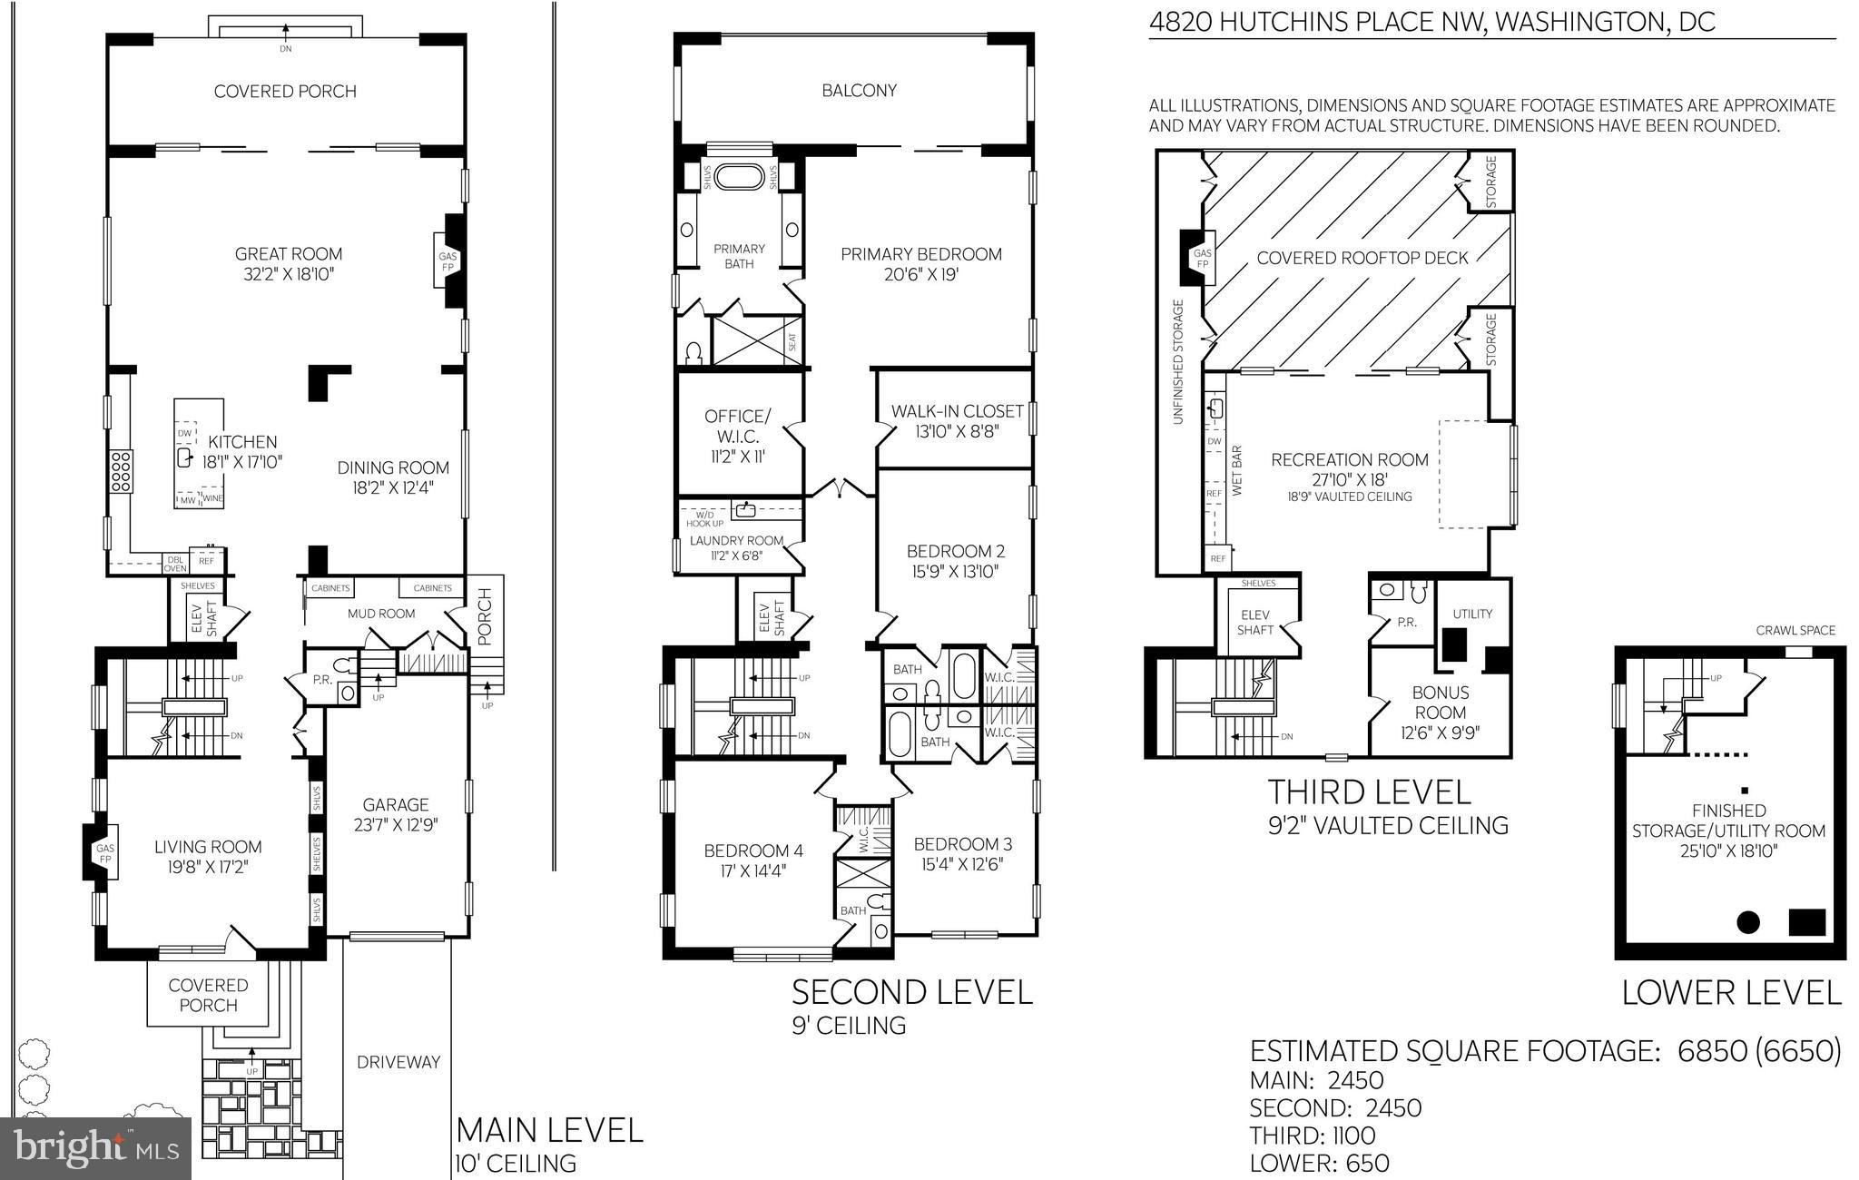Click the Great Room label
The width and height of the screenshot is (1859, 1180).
[288, 254]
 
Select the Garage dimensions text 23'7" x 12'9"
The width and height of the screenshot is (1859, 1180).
[396, 826]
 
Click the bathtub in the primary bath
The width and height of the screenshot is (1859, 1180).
[740, 176]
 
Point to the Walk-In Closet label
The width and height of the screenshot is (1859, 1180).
[957, 411]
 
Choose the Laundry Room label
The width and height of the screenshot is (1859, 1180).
[736, 540]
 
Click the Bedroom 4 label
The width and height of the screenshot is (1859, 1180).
[753, 851]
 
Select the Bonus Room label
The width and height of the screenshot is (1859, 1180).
[1440, 702]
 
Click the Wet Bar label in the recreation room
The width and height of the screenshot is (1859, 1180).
[1237, 469]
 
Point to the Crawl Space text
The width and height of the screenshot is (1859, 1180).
[1795, 630]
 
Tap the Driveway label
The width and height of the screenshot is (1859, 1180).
[398, 1061]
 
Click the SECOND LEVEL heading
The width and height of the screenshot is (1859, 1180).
[911, 991]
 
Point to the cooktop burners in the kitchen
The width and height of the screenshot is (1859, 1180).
[121, 471]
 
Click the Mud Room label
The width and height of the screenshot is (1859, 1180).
[381, 614]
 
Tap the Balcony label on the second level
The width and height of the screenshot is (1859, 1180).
[859, 90]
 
